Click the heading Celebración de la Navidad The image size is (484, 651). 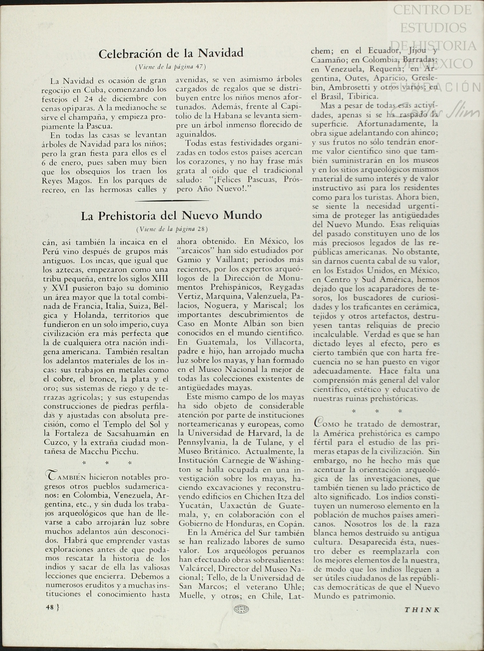tap(171, 53)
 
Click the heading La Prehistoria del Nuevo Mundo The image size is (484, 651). tap(171, 216)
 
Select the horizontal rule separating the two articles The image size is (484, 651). tap(172, 201)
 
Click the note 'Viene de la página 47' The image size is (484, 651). tap(171, 67)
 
